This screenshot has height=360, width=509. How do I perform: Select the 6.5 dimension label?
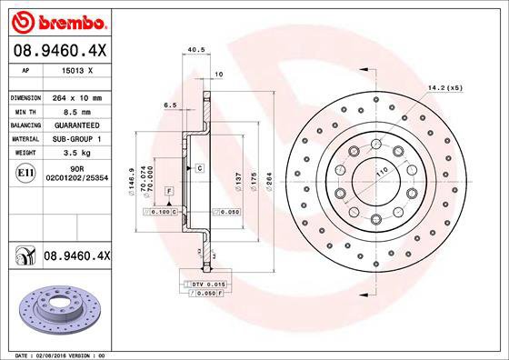(x=170, y=105)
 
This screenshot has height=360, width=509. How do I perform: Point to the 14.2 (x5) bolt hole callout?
(x=444, y=88)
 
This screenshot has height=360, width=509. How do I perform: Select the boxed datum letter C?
(x=198, y=169)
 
